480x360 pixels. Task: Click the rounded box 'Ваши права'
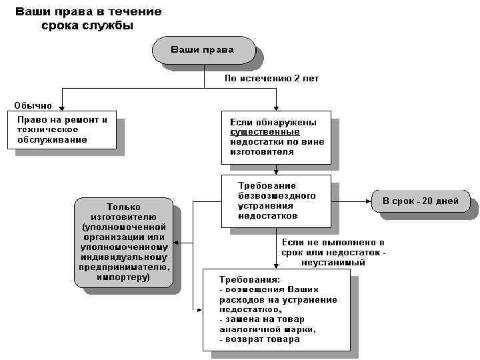pos(203,50)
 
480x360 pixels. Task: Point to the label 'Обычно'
pos(33,106)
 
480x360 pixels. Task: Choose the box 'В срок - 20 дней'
pos(419,200)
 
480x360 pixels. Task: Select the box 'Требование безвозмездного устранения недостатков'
pos(275,200)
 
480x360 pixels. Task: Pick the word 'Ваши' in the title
pos(35,12)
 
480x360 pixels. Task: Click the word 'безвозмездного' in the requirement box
pos(277,196)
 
